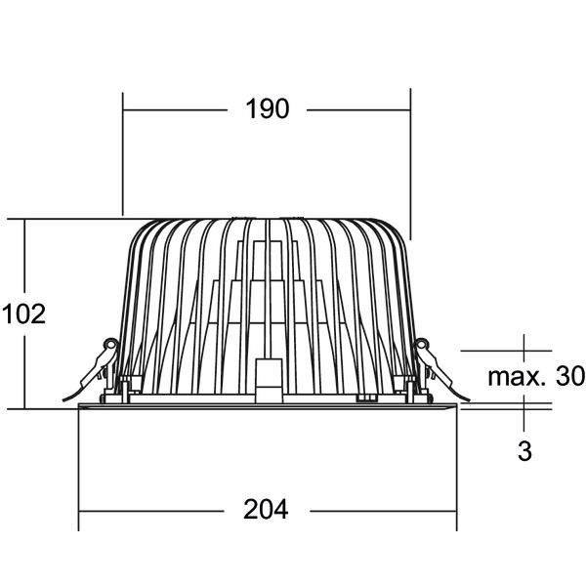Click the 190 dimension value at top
[x=268, y=109]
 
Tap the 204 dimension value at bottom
[x=268, y=509]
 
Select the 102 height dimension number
[x=24, y=314]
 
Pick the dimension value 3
[x=525, y=451]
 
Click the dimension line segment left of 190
[x=176, y=109]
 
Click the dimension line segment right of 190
[x=357, y=109]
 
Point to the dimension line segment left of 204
[x=156, y=509]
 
